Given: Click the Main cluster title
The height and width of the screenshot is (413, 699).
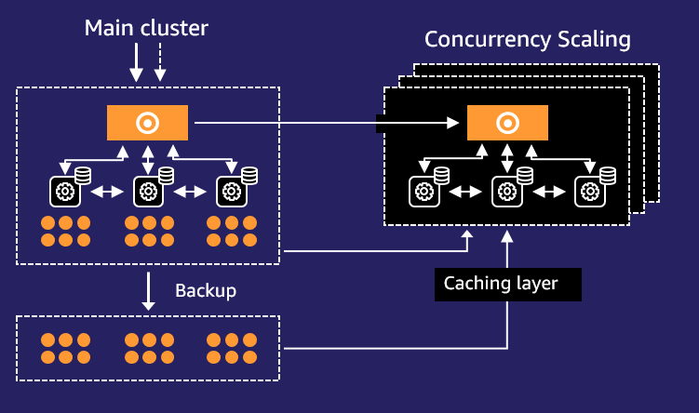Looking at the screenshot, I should (x=146, y=28).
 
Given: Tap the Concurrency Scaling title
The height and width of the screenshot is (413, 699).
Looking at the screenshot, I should (x=528, y=39).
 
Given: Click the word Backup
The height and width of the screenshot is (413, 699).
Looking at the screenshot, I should (x=206, y=290).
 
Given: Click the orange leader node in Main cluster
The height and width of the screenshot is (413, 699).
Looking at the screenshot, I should (x=147, y=123).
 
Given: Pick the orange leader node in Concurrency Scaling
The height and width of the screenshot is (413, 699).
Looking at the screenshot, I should (x=507, y=123).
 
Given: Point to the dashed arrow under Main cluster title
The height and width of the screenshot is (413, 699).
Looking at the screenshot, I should (x=159, y=62).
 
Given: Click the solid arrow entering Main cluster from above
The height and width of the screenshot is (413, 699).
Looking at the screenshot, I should (x=136, y=62).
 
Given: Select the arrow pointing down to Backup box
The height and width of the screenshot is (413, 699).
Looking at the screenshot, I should (x=148, y=291).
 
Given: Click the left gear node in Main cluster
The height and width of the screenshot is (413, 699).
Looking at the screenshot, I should (x=64, y=192).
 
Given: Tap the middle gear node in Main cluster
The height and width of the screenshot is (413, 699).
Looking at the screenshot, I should (x=147, y=192).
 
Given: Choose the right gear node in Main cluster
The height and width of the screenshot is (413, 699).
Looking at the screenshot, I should (x=230, y=192).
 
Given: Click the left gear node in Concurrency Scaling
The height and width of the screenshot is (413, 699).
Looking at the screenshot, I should (x=423, y=192).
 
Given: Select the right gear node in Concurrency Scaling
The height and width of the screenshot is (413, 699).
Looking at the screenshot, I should (x=589, y=192).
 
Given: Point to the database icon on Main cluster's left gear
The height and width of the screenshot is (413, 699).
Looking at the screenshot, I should (x=83, y=174).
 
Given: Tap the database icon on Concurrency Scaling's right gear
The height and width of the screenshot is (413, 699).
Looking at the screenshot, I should (x=608, y=174).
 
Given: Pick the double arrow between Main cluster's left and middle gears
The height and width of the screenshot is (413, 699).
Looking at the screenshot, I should (x=106, y=192).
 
